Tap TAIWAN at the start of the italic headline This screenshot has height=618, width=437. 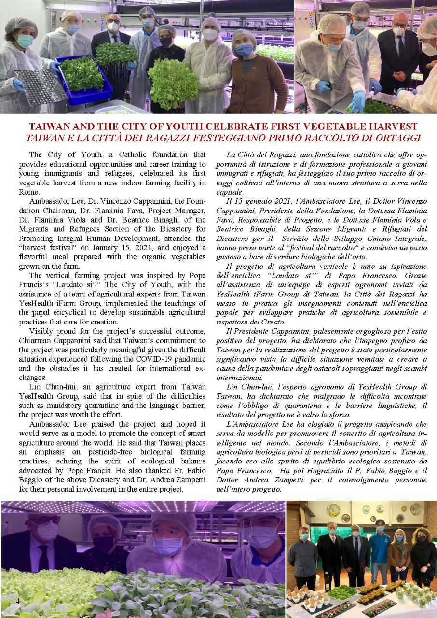click(x=47, y=138)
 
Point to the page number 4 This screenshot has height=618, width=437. click(x=17, y=601)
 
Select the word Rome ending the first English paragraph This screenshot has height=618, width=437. click(x=40, y=192)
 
